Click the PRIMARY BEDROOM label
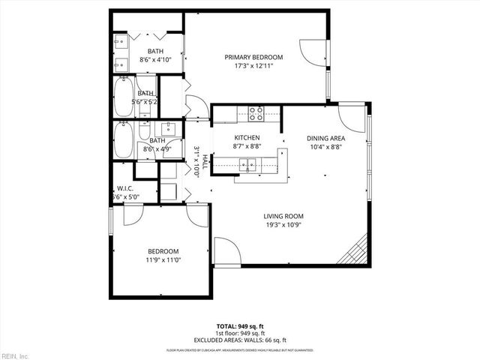(x=253, y=58)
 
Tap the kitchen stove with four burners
(x=256, y=113)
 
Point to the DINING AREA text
(x=325, y=139)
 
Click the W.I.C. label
(x=124, y=188)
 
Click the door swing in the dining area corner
(x=350, y=116)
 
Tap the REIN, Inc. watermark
(x=16, y=355)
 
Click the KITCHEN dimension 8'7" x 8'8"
(x=247, y=147)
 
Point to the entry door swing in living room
(x=226, y=250)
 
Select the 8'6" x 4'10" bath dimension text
(x=156, y=59)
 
